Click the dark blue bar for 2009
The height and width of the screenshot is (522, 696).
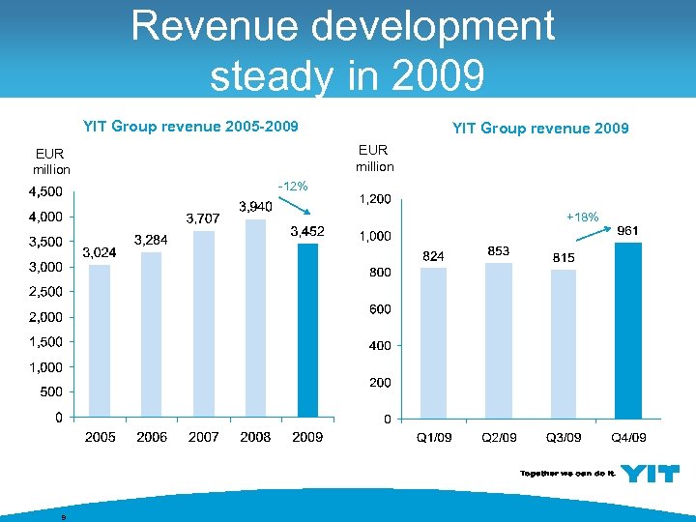(307, 331)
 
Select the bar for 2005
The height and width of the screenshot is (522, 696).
(100, 341)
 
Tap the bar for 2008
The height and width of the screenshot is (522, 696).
(255, 318)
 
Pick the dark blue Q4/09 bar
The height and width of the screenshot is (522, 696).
(628, 331)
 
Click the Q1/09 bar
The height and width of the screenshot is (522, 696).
(434, 343)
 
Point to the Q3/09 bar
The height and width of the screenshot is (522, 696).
(564, 344)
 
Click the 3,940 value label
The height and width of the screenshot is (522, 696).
(255, 207)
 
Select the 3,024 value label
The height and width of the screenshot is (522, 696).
(100, 252)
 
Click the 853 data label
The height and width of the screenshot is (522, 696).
(499, 251)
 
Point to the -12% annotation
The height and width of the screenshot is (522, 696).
(292, 186)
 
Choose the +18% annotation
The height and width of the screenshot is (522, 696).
(586, 219)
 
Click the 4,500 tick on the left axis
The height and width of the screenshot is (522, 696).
(46, 191)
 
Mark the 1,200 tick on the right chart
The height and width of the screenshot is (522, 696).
(375, 199)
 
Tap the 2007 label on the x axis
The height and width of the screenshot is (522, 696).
(204, 438)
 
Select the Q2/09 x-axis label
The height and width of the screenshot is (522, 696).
(499, 439)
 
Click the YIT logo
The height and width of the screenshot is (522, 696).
(650, 474)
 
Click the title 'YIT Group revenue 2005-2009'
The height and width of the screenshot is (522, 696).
(190, 126)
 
